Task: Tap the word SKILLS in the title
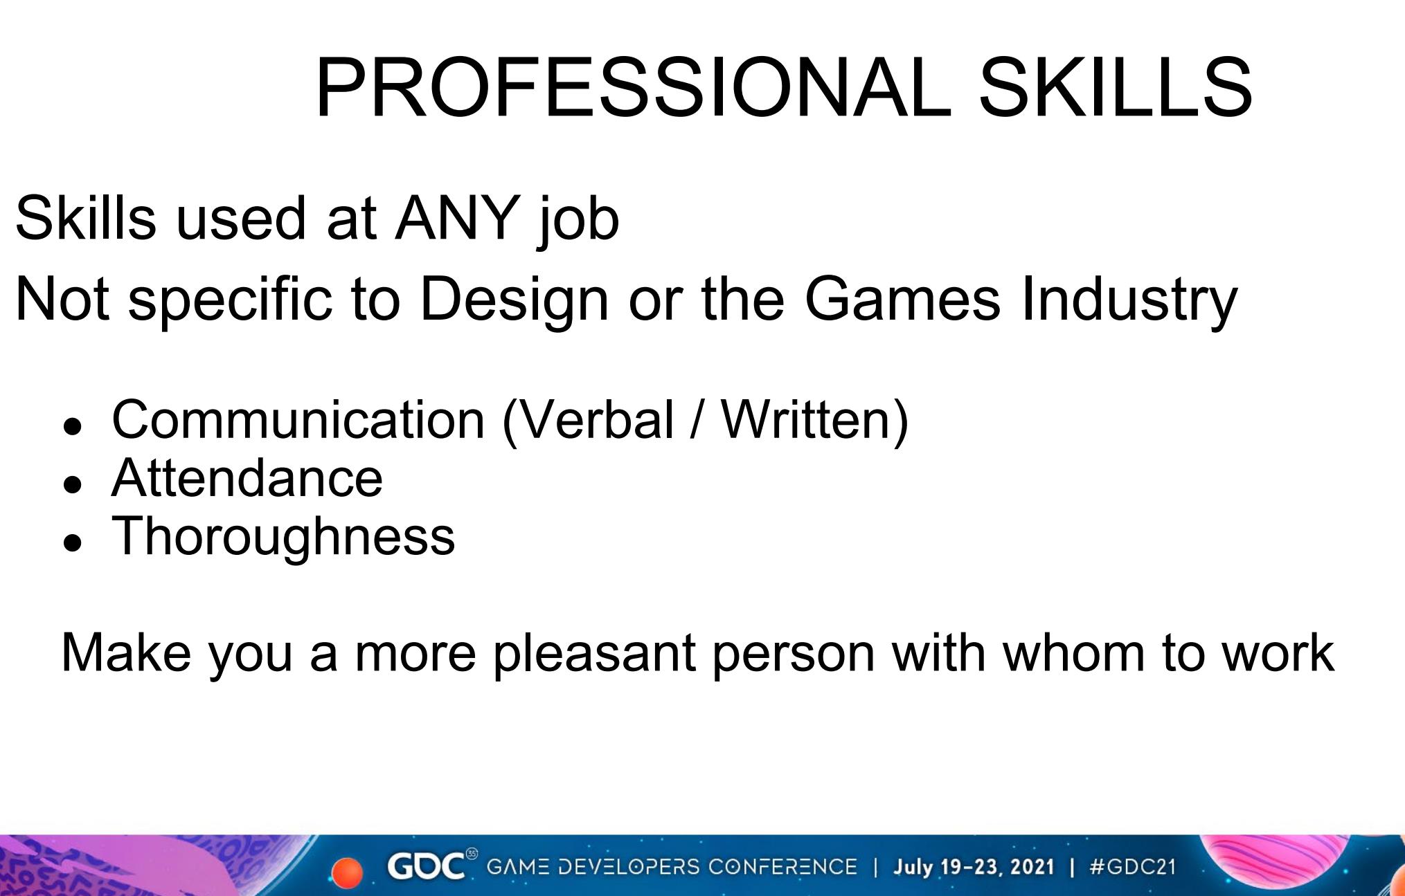point(1116,88)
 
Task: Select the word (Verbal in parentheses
point(588,421)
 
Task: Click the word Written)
point(814,421)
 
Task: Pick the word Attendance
point(247,478)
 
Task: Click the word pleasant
point(594,654)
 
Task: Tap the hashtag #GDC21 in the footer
point(1132,867)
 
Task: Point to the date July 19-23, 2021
point(974,867)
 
